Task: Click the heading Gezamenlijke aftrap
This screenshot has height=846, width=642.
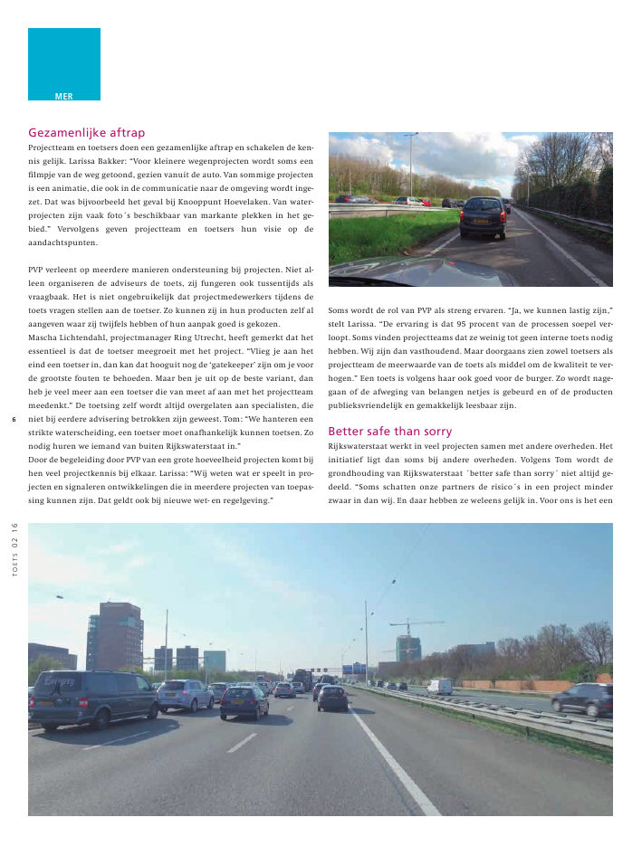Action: point(87,131)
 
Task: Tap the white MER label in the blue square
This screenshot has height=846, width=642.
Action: point(63,95)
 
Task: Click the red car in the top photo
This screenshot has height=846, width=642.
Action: point(425,202)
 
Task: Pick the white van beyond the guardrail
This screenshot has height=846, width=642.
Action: point(439,686)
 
